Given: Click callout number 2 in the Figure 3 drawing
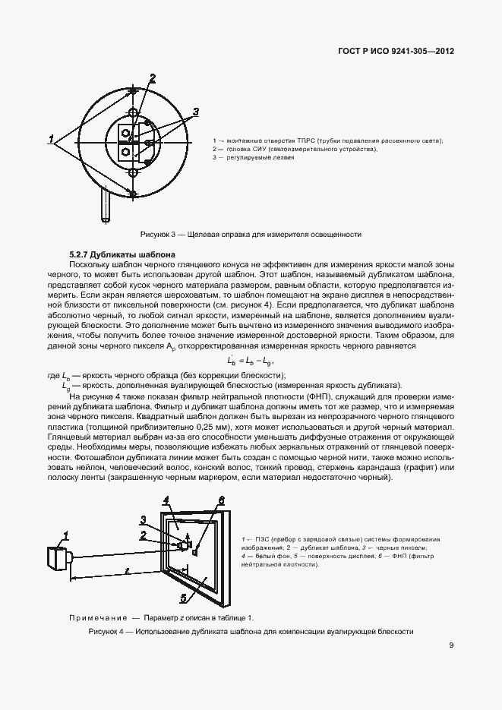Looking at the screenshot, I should (x=152, y=77).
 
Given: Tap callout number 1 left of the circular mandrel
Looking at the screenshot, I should (x=51, y=139).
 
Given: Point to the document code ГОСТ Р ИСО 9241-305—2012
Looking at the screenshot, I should (x=395, y=52).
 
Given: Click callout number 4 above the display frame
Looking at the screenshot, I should (x=166, y=501).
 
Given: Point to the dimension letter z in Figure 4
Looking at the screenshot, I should (x=127, y=569).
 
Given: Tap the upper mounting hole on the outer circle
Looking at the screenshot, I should (x=133, y=112).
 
